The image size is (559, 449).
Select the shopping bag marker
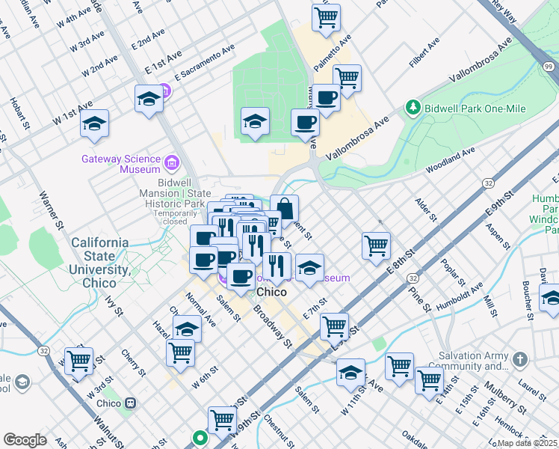(285, 208)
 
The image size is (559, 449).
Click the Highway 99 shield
(549, 67)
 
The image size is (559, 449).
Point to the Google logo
(25, 440)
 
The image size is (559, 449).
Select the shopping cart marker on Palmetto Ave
(326, 16)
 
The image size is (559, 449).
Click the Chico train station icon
(131, 403)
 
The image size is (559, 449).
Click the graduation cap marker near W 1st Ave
(95, 123)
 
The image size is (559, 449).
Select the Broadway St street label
(271, 326)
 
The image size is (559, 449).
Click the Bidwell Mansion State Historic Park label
(180, 193)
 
